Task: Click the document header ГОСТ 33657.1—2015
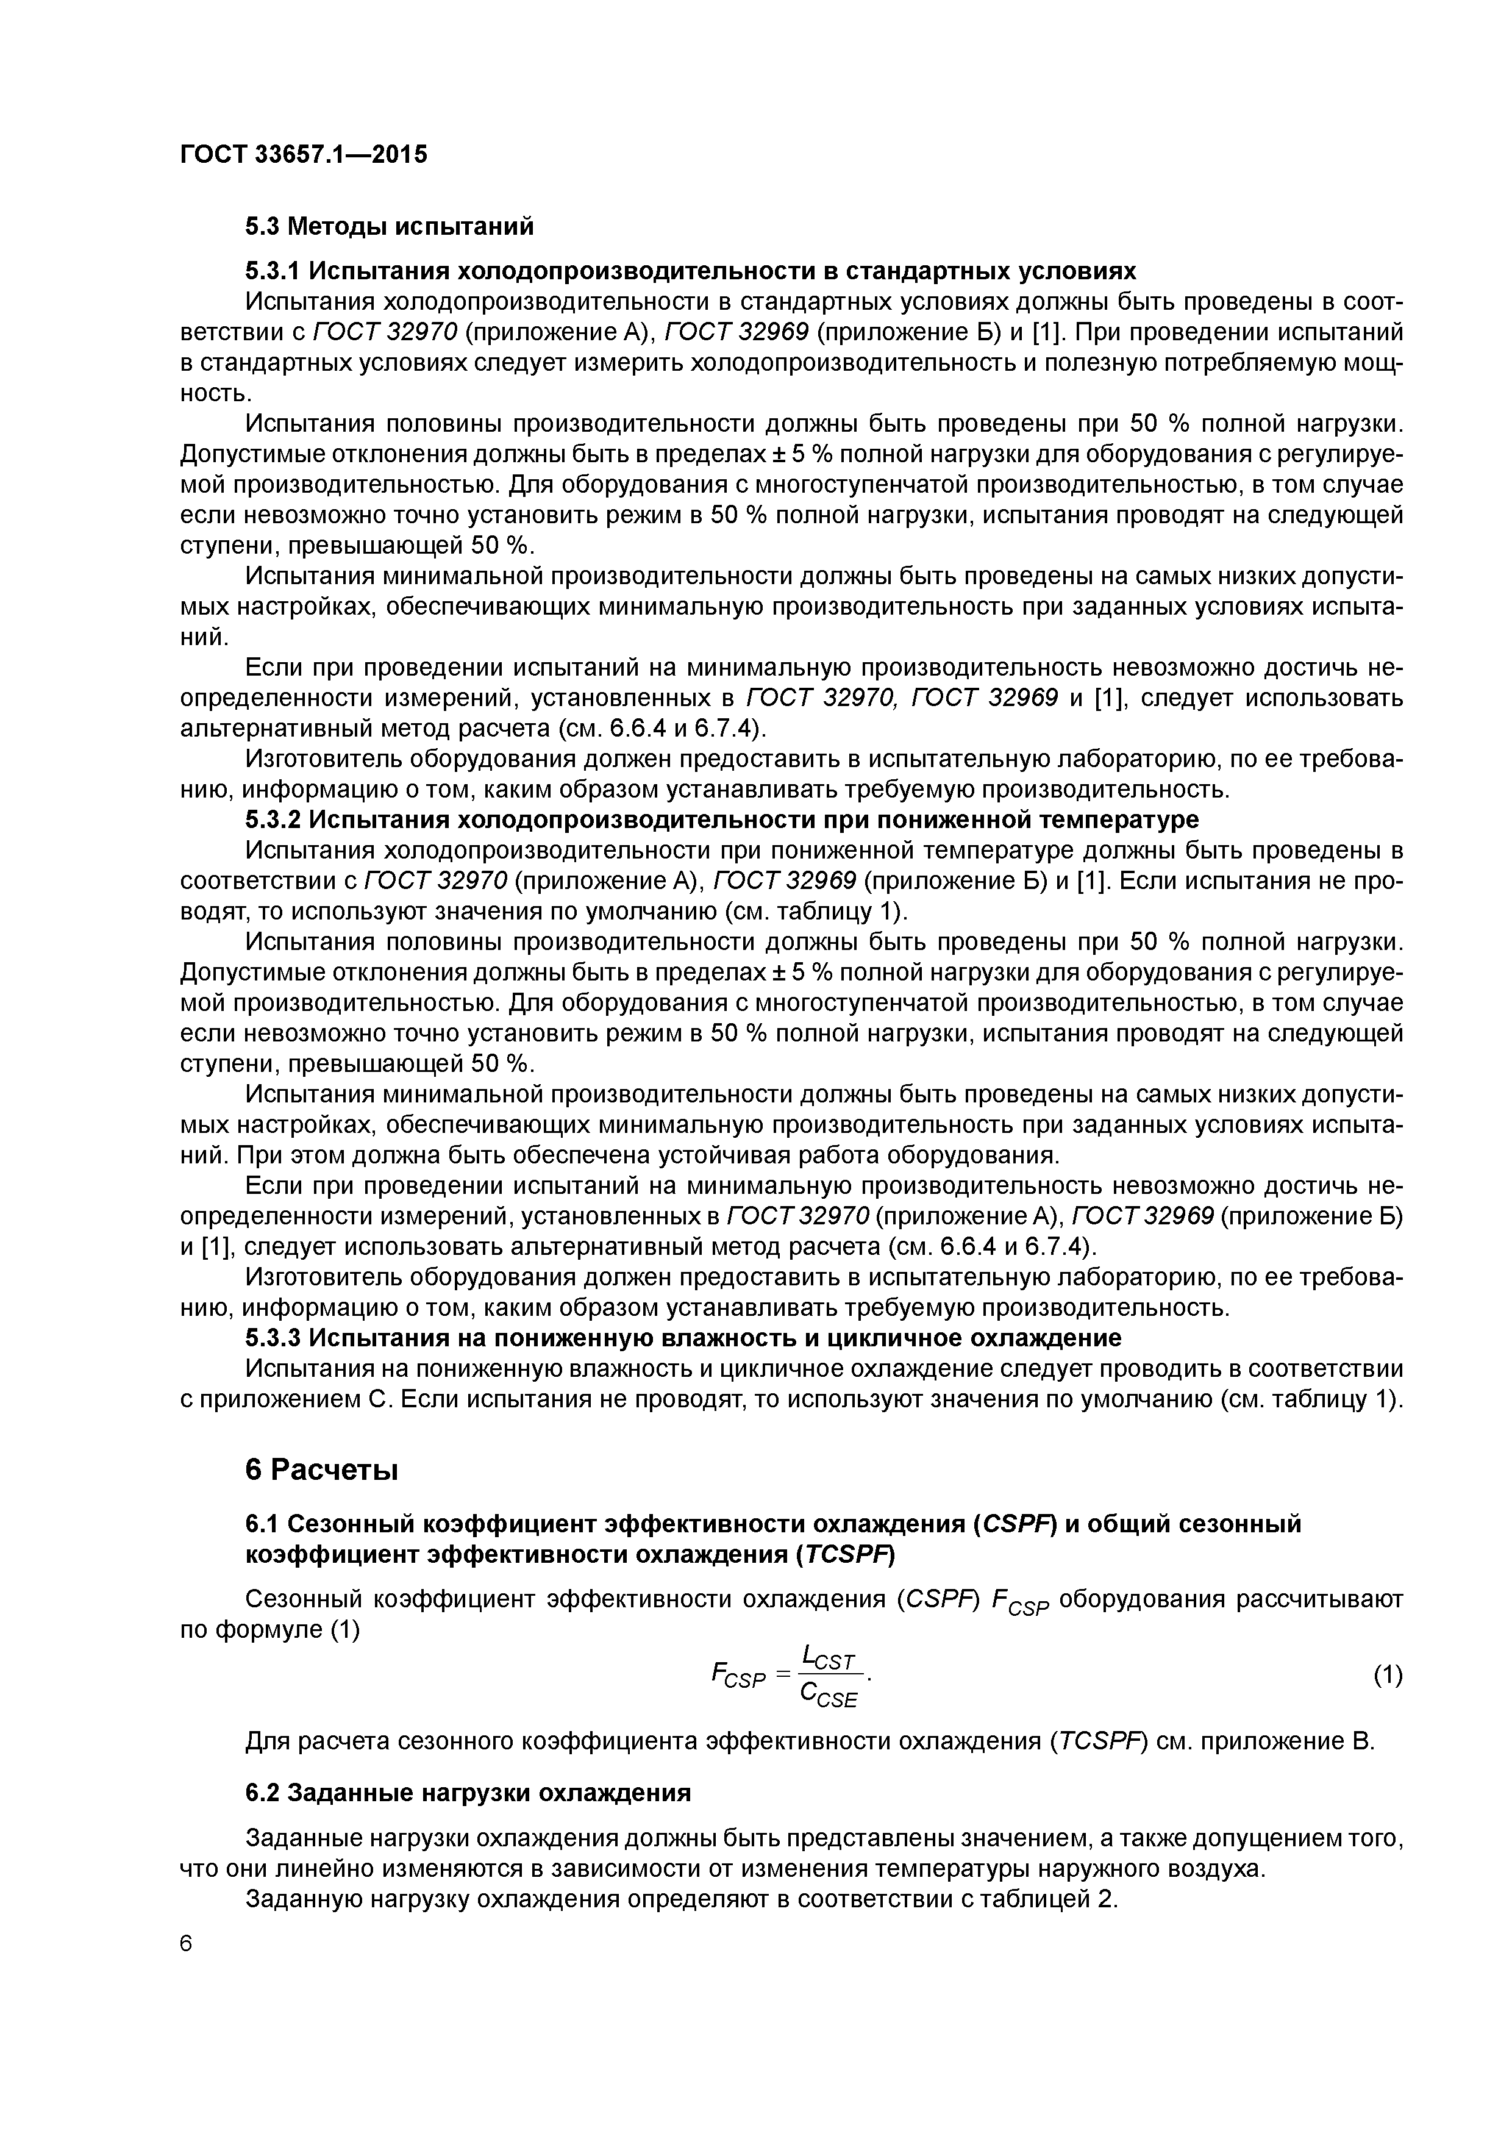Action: click(x=303, y=155)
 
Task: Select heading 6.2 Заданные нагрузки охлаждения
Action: click(x=468, y=1793)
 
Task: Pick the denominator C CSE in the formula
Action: click(x=828, y=1696)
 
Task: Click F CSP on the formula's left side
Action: click(x=738, y=1676)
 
